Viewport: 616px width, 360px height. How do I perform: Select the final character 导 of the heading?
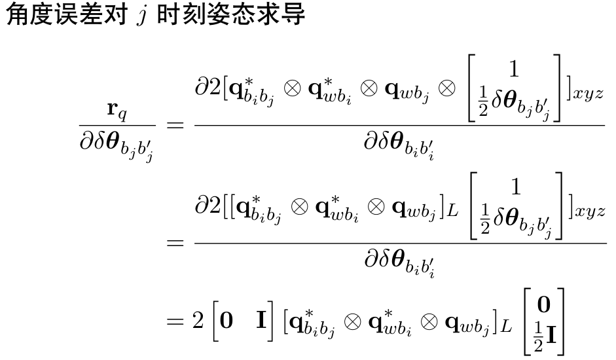[294, 14]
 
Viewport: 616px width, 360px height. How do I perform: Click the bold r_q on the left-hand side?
[117, 109]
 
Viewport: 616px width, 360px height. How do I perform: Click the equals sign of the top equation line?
[175, 125]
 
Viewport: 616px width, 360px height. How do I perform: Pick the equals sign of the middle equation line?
[175, 243]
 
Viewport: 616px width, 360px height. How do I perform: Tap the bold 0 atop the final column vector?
[544, 306]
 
